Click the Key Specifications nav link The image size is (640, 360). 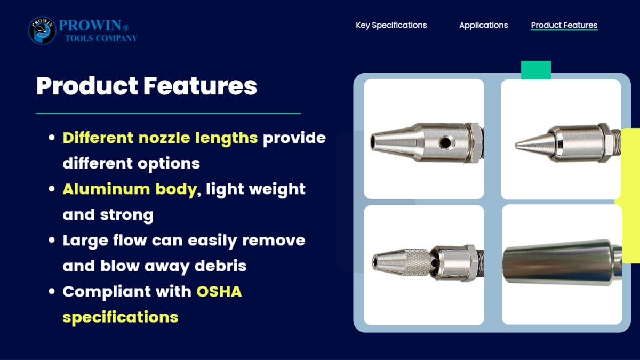[x=391, y=25]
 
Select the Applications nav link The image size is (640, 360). [x=483, y=25]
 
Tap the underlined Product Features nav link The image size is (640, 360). [x=564, y=25]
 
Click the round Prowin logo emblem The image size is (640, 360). [x=42, y=30]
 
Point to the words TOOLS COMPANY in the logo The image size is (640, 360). [x=101, y=38]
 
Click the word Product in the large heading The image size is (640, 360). [x=87, y=86]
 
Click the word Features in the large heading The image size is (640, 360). [x=200, y=86]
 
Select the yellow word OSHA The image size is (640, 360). [x=219, y=292]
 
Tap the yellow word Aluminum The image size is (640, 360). [x=106, y=189]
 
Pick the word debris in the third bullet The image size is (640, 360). [x=220, y=266]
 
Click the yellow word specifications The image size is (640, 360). [x=121, y=317]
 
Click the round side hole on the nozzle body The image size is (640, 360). [x=446, y=142]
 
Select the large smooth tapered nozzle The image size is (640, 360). [x=562, y=262]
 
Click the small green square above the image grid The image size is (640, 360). [x=536, y=70]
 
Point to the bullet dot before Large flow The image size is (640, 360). [x=52, y=240]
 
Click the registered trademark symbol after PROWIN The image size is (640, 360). [x=126, y=27]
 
